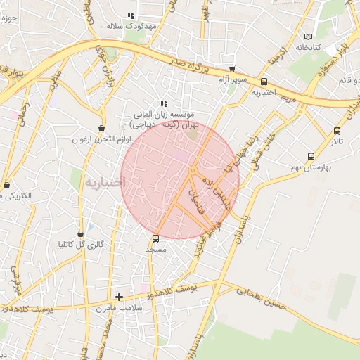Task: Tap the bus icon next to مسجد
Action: [x=156, y=238]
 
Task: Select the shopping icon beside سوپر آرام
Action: [x=233, y=69]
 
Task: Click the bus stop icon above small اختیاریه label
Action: [x=264, y=82]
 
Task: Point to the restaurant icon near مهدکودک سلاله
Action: [x=131, y=15]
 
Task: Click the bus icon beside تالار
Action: [x=337, y=131]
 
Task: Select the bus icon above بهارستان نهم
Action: [x=311, y=157]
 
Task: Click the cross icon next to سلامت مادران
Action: [x=119, y=297]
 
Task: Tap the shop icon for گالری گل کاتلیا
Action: [x=80, y=233]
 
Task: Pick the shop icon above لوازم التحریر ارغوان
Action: [x=103, y=129]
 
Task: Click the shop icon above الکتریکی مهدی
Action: [x=7, y=186]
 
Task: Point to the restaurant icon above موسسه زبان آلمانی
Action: [x=164, y=103]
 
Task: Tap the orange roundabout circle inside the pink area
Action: [x=192, y=171]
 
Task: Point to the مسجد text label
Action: [x=155, y=250]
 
